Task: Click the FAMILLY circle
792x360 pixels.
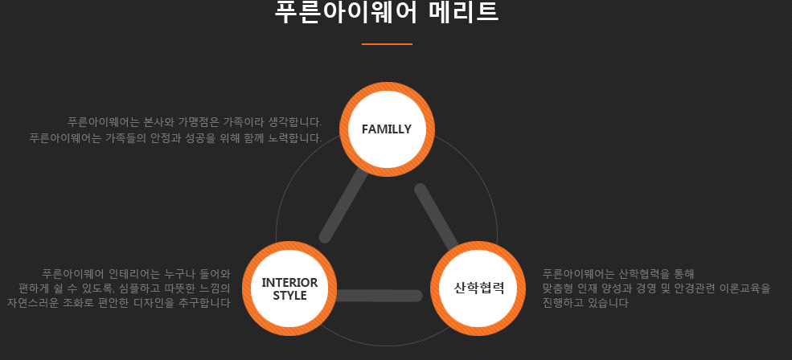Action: tap(387, 129)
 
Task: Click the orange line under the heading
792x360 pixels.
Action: tap(387, 44)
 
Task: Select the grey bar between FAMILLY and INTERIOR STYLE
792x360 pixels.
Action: tap(343, 205)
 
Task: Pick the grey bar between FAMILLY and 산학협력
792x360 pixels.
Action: tap(437, 217)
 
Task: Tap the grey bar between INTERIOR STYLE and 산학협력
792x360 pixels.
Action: tap(378, 296)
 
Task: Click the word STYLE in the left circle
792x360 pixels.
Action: tap(289, 296)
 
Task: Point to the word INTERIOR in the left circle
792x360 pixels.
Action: tap(289, 283)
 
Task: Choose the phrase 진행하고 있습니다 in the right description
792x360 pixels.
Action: tap(585, 303)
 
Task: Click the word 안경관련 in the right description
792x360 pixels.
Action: tap(696, 288)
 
